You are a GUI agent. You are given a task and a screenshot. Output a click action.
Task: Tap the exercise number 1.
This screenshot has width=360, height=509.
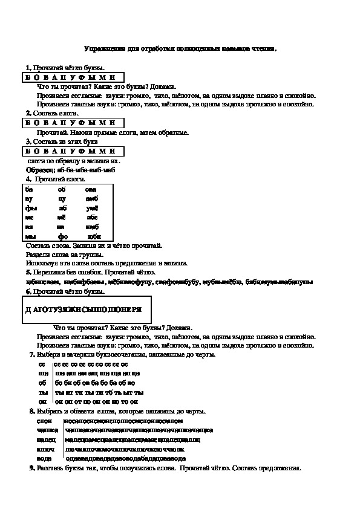pos(28,68)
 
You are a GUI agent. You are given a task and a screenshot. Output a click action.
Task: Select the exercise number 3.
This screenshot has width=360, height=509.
pos(28,141)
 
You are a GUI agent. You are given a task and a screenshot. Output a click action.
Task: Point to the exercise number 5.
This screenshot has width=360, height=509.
pos(28,272)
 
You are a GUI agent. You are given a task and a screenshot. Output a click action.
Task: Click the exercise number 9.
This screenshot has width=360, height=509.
pos(31,468)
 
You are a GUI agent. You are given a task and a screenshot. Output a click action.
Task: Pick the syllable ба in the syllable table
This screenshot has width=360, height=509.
pos(29,189)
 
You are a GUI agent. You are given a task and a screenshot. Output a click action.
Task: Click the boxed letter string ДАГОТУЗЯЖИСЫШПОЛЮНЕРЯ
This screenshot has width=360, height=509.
pos(84,309)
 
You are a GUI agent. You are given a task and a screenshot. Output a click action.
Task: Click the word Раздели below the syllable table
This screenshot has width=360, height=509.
pos(39,254)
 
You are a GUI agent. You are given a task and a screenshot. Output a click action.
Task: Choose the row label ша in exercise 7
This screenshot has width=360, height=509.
pos(42,374)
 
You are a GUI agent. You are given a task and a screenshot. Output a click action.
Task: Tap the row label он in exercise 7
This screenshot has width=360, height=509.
pos(42,401)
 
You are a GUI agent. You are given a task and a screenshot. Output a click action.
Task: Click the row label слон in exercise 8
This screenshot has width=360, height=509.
pos(44,420)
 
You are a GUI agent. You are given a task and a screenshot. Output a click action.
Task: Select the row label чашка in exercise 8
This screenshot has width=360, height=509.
pos(47,430)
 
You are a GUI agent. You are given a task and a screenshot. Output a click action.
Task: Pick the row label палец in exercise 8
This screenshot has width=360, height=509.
pos(46,439)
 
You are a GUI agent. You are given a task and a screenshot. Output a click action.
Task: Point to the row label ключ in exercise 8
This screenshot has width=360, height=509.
pos(45,449)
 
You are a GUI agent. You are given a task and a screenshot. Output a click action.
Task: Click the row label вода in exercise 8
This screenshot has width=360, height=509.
pos(45,459)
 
